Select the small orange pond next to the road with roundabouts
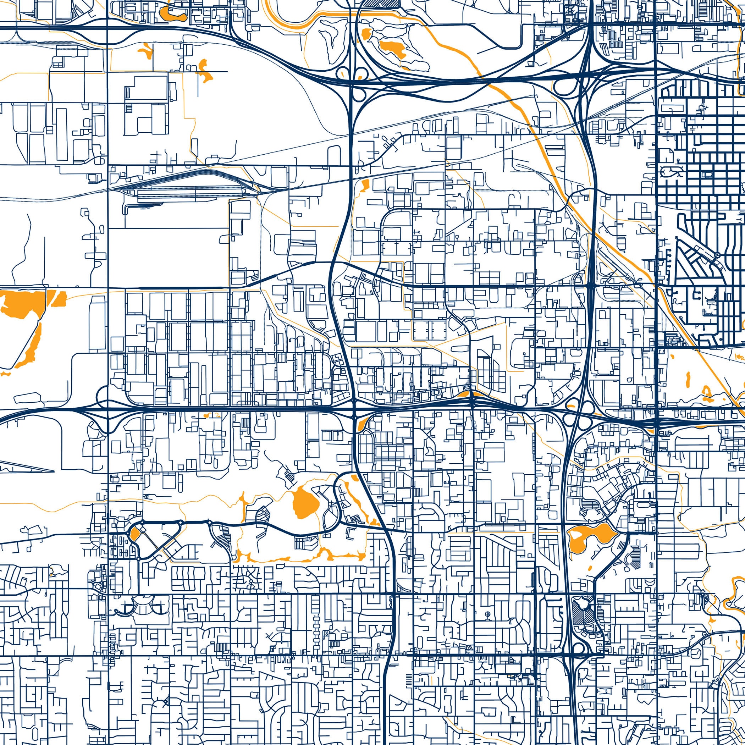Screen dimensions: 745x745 point(135,534)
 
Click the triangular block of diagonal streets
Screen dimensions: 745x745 point(694,258)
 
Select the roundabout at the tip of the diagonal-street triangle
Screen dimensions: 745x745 point(717,255)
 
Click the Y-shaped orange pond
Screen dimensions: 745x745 point(147,50)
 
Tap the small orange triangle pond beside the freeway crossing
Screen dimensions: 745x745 point(361,426)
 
